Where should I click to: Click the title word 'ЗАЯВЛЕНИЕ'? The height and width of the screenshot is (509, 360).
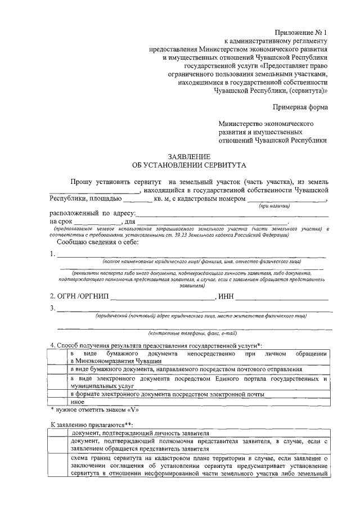tap(190, 156)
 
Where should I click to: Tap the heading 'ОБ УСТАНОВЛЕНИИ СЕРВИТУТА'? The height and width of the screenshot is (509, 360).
tap(189, 166)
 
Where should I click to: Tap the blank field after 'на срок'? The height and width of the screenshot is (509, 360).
tap(98, 223)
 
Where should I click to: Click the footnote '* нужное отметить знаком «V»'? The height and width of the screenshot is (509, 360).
tap(87, 410)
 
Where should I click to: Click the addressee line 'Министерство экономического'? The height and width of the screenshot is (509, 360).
tap(265, 123)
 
